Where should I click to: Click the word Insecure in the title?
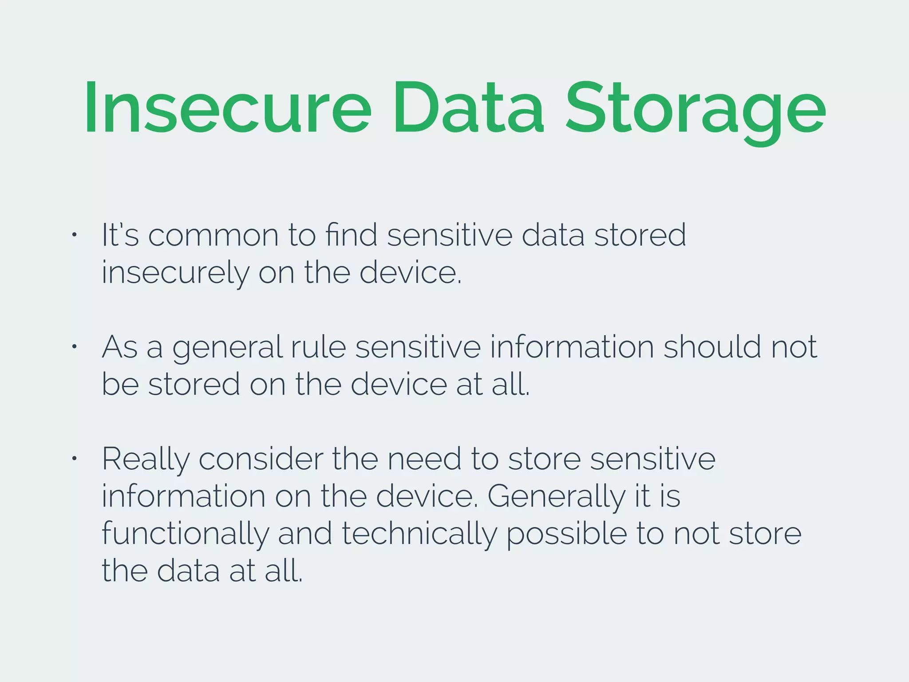tap(227, 108)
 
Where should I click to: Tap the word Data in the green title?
tap(468, 108)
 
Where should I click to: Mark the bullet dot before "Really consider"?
tap(75, 458)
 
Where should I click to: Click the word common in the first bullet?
tap(213, 235)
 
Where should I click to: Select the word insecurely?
tap(175, 273)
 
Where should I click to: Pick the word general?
tap(227, 348)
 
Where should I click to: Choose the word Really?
tap(146, 460)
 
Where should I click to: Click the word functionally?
tap(185, 535)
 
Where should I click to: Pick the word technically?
tap(419, 535)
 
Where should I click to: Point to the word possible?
tap(566, 535)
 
